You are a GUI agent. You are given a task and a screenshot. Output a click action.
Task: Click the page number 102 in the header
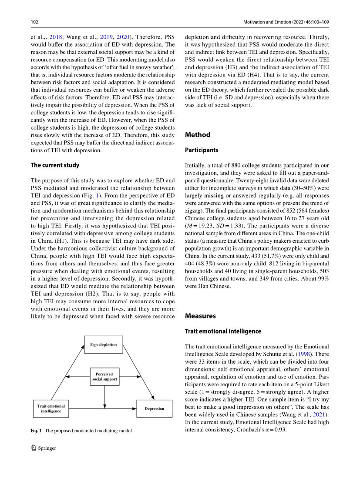point(34,21)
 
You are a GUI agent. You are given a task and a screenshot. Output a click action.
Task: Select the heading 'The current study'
point(55,165)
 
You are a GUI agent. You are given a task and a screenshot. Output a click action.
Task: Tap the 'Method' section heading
point(198,135)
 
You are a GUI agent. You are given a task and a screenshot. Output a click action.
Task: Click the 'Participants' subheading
point(202,150)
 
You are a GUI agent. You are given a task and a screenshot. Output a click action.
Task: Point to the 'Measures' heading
point(200,316)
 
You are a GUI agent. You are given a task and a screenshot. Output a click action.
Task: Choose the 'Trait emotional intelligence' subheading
point(223,331)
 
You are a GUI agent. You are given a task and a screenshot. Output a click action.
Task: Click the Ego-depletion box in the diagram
point(103,344)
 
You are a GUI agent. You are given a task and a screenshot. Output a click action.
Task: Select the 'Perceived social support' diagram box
point(104,376)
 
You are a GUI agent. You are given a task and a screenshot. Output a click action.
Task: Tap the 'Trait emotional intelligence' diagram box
point(51,408)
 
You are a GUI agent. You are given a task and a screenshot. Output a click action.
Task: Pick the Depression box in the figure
point(155,408)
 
